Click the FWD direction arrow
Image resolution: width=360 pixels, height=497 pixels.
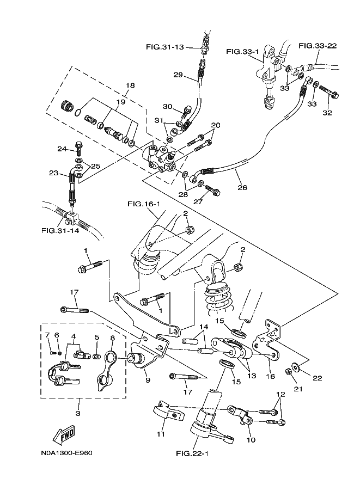tap(64, 435)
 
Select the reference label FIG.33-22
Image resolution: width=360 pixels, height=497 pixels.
tap(318, 46)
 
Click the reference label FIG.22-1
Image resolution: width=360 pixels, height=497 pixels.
tap(193, 453)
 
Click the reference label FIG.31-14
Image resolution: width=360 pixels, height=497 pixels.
tap(60, 230)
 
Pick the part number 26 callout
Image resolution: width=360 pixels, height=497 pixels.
tap(242, 188)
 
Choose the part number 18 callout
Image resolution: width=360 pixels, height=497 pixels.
tap(130, 85)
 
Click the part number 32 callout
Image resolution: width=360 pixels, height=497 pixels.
tap(327, 114)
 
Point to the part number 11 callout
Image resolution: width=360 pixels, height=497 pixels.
tap(160, 434)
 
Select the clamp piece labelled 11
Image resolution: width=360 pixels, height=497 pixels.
tap(164, 411)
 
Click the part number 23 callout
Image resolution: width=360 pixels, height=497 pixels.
tap(53, 173)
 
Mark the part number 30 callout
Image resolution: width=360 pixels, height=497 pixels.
tap(167, 107)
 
